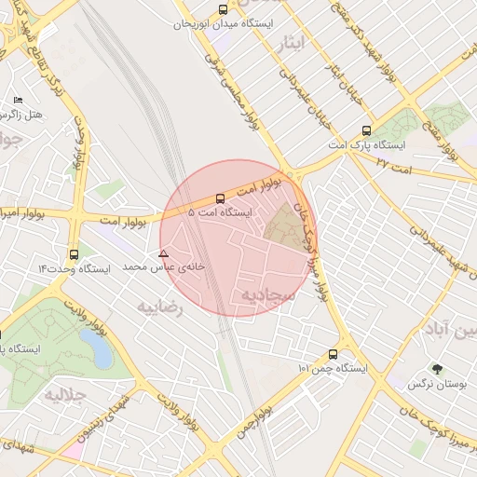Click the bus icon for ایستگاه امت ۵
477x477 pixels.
click(220, 198)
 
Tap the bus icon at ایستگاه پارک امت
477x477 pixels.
click(365, 131)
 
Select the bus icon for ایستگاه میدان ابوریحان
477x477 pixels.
click(222, 9)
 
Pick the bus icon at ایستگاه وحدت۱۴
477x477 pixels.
click(74, 253)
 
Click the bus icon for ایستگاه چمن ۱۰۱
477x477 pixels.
click(333, 354)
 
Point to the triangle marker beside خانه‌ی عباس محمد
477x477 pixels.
click(163, 253)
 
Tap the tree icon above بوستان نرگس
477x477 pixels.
click(436, 369)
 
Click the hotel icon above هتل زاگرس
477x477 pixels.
click(18, 100)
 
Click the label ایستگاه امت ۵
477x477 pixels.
click(220, 212)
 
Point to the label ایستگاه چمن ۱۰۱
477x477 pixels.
click(333, 369)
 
